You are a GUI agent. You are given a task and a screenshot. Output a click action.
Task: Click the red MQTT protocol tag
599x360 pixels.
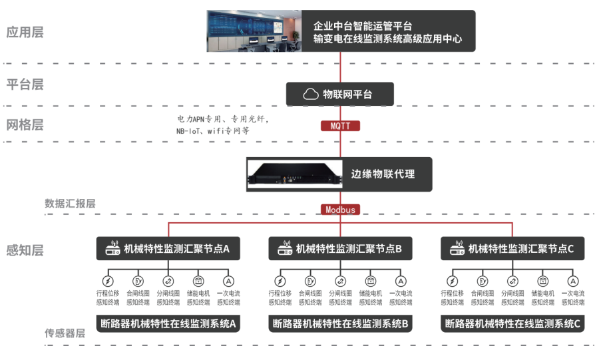pyautogui.click(x=340, y=126)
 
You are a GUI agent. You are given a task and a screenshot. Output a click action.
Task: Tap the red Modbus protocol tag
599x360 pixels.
pyautogui.click(x=340, y=210)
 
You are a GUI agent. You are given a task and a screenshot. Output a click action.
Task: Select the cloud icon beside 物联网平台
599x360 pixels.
pyautogui.click(x=311, y=94)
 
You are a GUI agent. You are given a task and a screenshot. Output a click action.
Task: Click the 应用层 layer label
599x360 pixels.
pyautogui.click(x=25, y=32)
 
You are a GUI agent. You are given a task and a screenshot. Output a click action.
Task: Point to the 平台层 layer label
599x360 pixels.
pyautogui.click(x=25, y=84)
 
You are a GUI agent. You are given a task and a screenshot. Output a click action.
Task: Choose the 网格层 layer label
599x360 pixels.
pyautogui.click(x=25, y=125)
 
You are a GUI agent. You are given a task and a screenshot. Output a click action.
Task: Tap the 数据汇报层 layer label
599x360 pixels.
pyautogui.click(x=70, y=204)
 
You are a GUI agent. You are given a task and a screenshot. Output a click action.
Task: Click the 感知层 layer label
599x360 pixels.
pyautogui.click(x=25, y=250)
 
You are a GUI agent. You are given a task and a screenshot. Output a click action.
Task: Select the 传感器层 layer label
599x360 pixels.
pyautogui.click(x=65, y=333)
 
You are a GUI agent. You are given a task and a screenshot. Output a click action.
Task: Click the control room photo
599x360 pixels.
pyautogui.click(x=254, y=31)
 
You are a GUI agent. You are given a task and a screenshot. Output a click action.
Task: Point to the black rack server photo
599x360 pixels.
pyautogui.click(x=295, y=174)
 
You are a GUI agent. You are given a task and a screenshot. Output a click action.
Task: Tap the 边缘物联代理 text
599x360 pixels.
pyautogui.click(x=383, y=174)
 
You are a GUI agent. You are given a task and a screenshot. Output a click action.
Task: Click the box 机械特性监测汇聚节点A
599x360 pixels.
pyautogui.click(x=168, y=248)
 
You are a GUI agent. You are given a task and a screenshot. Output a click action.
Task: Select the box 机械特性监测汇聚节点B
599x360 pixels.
pyautogui.click(x=340, y=248)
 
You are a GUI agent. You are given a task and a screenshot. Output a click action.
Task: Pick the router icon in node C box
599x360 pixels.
pyautogui.click(x=457, y=248)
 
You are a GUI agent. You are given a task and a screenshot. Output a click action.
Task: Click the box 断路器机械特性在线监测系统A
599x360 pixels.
pyautogui.click(x=168, y=323)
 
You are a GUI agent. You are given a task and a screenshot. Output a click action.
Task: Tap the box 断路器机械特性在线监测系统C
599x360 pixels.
pyautogui.click(x=512, y=323)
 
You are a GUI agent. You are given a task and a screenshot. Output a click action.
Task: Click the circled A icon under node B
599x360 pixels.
pyautogui.click(x=401, y=281)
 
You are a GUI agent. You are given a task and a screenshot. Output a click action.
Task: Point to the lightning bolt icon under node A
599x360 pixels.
pyautogui.click(x=108, y=281)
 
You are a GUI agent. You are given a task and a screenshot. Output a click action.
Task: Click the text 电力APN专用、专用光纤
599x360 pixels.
pyautogui.click(x=223, y=119)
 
